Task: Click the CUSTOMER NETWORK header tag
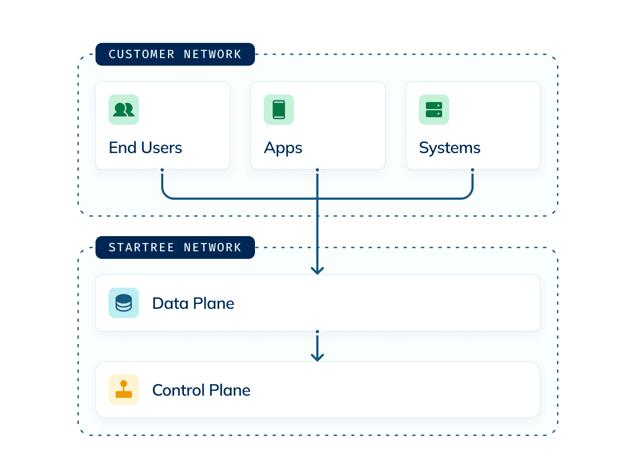pos(175,54)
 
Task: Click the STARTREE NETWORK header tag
pos(175,247)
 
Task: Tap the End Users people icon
pos(124,110)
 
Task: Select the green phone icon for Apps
pos(279,110)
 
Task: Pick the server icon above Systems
pos(434,110)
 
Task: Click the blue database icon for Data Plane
pos(124,303)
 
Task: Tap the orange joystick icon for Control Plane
pos(124,390)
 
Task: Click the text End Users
pos(145,148)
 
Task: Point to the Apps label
pos(283,148)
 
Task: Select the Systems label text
pos(450,148)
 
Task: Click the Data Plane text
pos(193,303)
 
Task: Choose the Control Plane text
pos(201,390)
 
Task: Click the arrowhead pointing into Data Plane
pos(317,270)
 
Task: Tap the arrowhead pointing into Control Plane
pos(317,357)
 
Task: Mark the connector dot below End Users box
pos(162,170)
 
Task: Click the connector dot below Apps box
pos(317,170)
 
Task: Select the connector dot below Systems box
pos(473,170)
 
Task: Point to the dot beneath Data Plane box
pos(317,331)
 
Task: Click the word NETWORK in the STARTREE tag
pos(213,247)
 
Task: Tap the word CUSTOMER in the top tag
pos(142,54)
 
